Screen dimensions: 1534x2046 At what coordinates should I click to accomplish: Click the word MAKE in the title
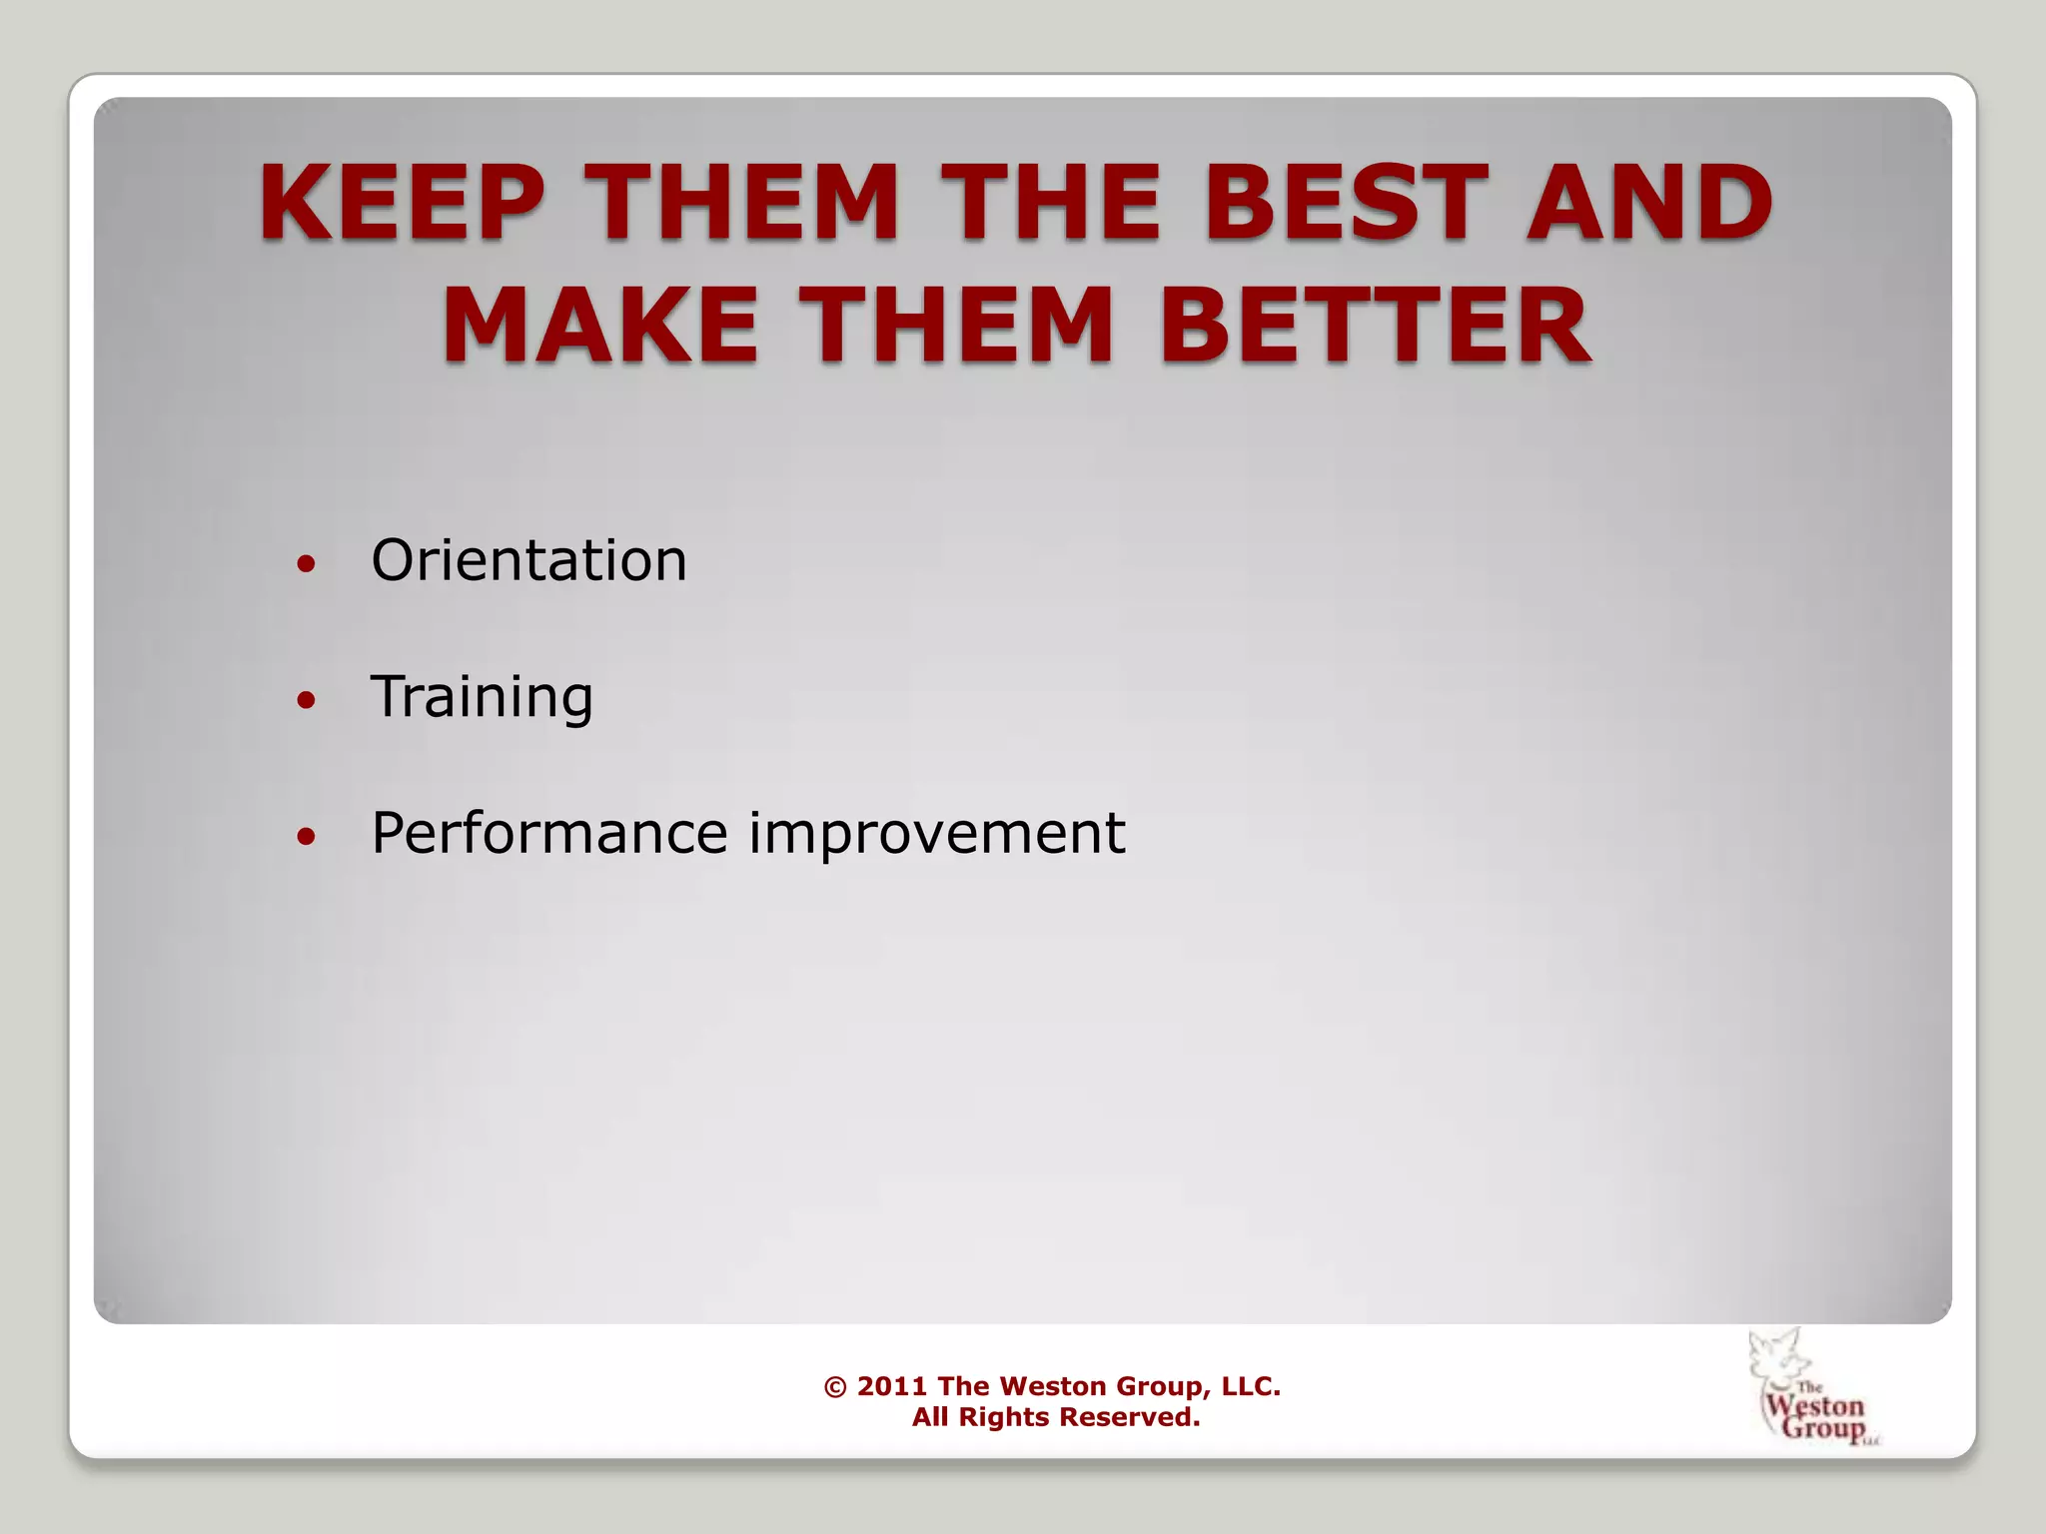[599, 326]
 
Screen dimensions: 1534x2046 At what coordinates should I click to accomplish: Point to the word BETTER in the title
[1375, 326]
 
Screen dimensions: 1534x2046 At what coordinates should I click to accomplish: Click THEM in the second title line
[956, 326]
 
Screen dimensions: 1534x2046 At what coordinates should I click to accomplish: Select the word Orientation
[528, 560]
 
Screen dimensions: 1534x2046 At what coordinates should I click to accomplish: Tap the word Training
[482, 696]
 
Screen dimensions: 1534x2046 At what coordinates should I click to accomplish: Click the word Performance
[548, 833]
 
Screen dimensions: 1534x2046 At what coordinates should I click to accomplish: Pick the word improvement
[937, 833]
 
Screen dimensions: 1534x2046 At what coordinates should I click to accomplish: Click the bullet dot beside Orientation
[307, 564]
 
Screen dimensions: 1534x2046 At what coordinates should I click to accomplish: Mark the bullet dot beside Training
[307, 700]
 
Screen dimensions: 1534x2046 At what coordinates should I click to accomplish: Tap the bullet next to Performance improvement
[307, 836]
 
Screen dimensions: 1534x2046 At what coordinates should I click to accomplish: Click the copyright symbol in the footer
[835, 1387]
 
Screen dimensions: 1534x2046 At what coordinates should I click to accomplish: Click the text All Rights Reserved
[1055, 1417]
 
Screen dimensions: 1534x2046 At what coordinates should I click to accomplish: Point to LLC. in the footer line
[1251, 1386]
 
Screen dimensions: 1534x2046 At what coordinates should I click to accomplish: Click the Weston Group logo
[1813, 1388]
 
